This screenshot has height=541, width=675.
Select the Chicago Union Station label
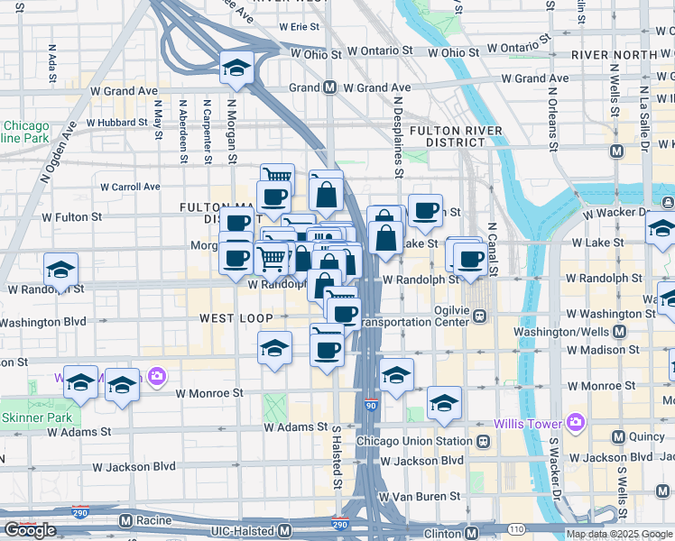click(x=414, y=441)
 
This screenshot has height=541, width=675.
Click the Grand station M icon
click(x=330, y=88)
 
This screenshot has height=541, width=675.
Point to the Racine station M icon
click(x=125, y=520)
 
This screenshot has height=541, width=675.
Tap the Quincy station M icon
click(x=618, y=437)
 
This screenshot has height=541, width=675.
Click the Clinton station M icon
click(x=470, y=532)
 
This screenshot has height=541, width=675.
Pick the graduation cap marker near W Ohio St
click(x=237, y=68)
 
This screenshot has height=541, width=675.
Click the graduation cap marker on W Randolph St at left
click(x=60, y=269)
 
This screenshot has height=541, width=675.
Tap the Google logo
click(x=30, y=530)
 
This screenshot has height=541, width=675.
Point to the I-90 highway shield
click(x=372, y=406)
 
